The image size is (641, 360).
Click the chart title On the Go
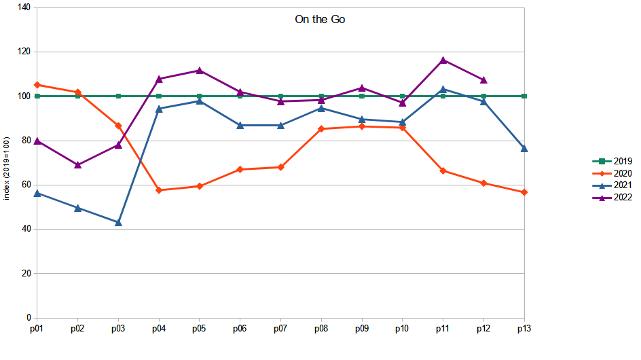(320, 20)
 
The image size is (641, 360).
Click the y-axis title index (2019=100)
(7, 168)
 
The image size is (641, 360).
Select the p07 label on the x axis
(280, 329)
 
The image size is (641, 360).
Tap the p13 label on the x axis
(524, 329)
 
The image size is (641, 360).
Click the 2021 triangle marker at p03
(118, 222)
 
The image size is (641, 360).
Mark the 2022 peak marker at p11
(443, 60)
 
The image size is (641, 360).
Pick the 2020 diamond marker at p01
(37, 85)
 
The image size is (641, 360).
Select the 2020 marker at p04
(159, 190)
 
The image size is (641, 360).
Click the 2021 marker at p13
(524, 148)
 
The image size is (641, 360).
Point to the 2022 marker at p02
(78, 165)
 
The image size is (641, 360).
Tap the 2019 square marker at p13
(524, 96)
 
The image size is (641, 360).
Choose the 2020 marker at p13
(524, 192)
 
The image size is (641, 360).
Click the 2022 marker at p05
(200, 70)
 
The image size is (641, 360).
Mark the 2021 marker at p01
(37, 193)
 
